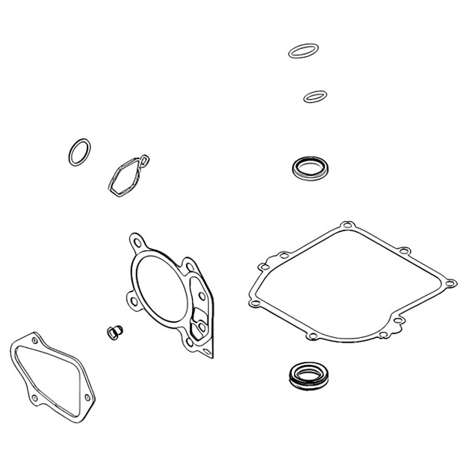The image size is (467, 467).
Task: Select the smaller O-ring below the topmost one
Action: [x=315, y=97]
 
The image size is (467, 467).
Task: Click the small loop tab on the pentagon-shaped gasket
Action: [x=144, y=159]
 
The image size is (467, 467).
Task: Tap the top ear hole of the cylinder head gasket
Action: [x=137, y=240]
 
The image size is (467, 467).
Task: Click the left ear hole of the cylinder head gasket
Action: [x=134, y=296]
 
